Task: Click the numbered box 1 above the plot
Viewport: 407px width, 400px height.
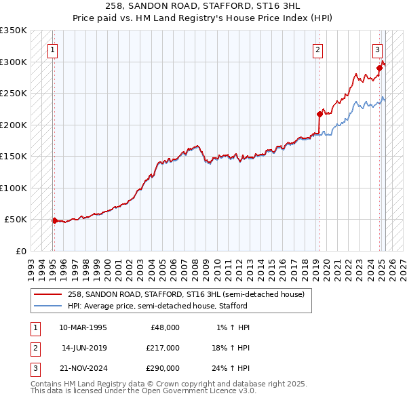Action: coord(52,49)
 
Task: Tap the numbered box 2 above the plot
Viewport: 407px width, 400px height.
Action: coord(317,49)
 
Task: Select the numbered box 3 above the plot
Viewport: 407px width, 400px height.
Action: coord(377,49)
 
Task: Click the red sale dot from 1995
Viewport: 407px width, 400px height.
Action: coord(54,220)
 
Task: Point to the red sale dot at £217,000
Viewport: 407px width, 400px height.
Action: coord(319,114)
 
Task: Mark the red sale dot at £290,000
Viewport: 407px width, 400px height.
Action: coord(380,68)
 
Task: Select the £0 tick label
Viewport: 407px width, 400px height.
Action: coord(20,251)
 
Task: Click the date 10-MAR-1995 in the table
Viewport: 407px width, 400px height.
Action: coord(83,327)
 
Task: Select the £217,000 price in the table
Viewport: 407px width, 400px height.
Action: coord(163,348)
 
